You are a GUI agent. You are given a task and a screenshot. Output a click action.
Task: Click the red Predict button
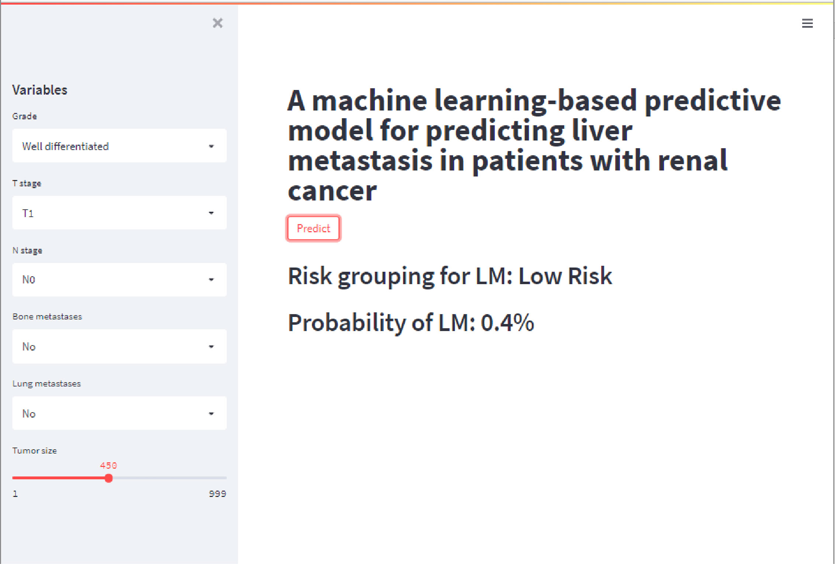313,228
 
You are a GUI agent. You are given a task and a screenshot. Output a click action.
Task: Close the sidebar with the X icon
218,23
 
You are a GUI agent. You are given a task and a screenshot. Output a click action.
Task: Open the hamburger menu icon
807,23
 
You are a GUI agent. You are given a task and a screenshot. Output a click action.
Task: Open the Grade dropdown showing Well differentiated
119,146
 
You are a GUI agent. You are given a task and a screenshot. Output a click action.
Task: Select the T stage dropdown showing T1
119,213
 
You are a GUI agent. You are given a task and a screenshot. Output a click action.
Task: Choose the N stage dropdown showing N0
119,279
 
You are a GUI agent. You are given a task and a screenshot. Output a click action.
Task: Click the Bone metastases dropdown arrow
211,347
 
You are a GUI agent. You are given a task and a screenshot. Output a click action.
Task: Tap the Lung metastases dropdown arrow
211,414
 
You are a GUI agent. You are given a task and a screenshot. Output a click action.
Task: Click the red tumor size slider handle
108,478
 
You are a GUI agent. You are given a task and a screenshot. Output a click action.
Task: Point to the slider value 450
108,465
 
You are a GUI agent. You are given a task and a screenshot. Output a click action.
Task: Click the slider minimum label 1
15,494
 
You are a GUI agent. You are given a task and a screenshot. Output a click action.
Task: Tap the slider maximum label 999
217,494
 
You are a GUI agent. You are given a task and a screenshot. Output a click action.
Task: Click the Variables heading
40,90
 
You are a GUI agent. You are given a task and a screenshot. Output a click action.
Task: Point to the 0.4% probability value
507,322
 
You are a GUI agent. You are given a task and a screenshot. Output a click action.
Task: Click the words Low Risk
565,276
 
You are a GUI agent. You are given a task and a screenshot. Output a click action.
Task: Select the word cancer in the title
332,191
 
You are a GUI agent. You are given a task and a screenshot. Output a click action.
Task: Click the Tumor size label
34,451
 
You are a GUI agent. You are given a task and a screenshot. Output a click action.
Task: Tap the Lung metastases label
46,384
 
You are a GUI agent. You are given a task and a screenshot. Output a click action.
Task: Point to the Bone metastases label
47,316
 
